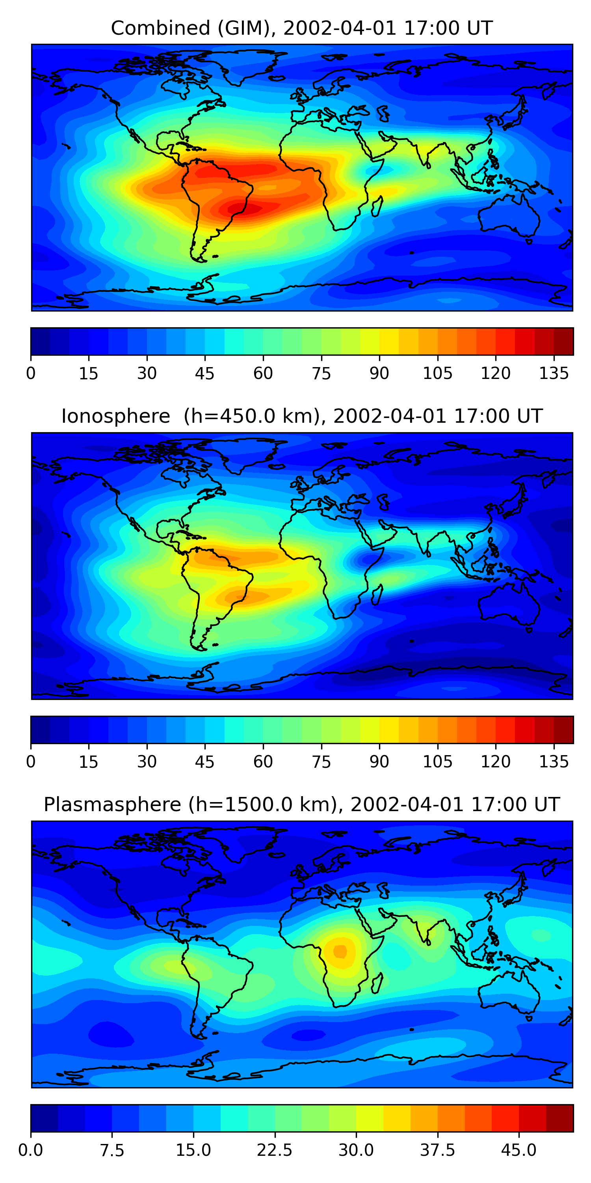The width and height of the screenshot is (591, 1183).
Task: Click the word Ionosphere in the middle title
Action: tap(115, 416)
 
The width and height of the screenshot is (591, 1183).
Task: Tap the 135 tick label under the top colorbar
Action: tap(554, 374)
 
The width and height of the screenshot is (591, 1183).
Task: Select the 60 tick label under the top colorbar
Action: tap(263, 374)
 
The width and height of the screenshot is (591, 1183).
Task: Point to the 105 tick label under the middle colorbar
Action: tap(437, 762)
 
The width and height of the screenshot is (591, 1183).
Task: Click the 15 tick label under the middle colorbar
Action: tap(89, 762)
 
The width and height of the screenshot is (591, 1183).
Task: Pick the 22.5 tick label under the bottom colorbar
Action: tap(274, 1150)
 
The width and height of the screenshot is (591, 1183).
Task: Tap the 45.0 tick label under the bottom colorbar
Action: tap(519, 1150)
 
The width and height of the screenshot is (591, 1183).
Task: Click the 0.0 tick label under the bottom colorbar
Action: tap(31, 1150)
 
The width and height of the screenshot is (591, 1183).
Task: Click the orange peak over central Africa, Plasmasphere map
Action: tap(340, 951)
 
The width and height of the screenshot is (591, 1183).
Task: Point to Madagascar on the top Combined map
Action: tap(377, 206)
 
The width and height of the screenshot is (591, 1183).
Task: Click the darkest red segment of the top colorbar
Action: tap(563, 341)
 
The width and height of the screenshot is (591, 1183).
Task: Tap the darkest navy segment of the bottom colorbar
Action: tap(44, 1118)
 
